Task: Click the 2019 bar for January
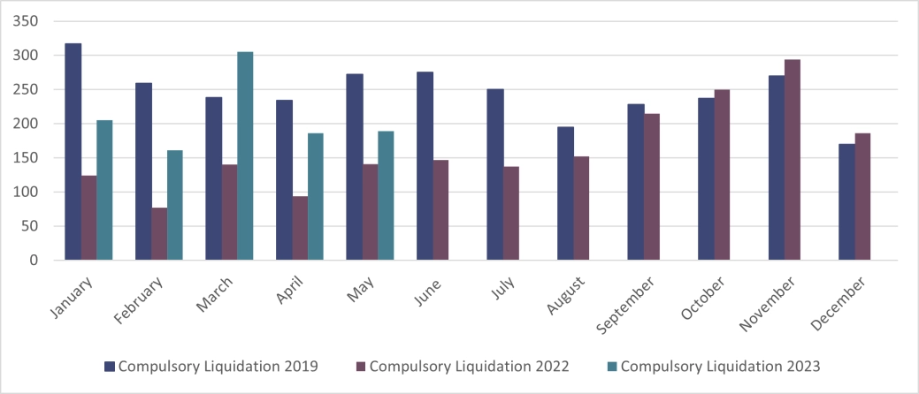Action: point(73,152)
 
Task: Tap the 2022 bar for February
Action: point(159,234)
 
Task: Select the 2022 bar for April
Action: point(300,228)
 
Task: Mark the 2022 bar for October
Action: point(722,175)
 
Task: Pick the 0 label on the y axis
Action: point(34,261)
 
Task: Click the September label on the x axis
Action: point(627,304)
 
